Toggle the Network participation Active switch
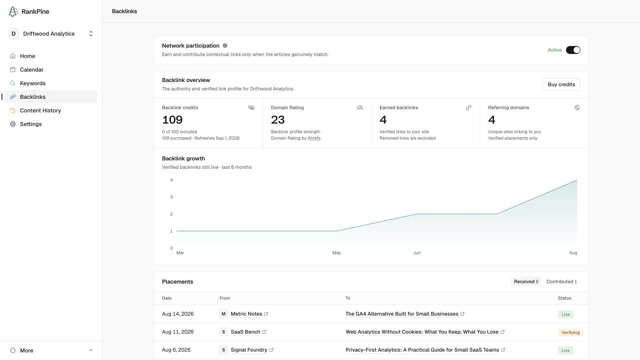(x=573, y=50)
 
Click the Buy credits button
(x=561, y=84)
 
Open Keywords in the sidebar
(x=32, y=83)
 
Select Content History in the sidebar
(x=40, y=110)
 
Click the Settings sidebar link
(x=30, y=124)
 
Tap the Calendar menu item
(x=32, y=70)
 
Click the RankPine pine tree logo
(x=13, y=12)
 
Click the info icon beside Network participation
(x=225, y=46)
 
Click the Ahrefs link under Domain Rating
(x=314, y=138)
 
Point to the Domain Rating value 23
(x=278, y=120)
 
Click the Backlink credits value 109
(x=172, y=120)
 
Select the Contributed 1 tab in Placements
(x=562, y=282)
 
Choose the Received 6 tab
(x=526, y=282)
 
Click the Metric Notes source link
(x=246, y=314)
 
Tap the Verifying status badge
(x=570, y=332)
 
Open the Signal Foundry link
(x=249, y=350)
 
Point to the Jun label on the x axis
(x=416, y=252)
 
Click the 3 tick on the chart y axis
(x=172, y=197)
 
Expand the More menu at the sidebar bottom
(x=51, y=350)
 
